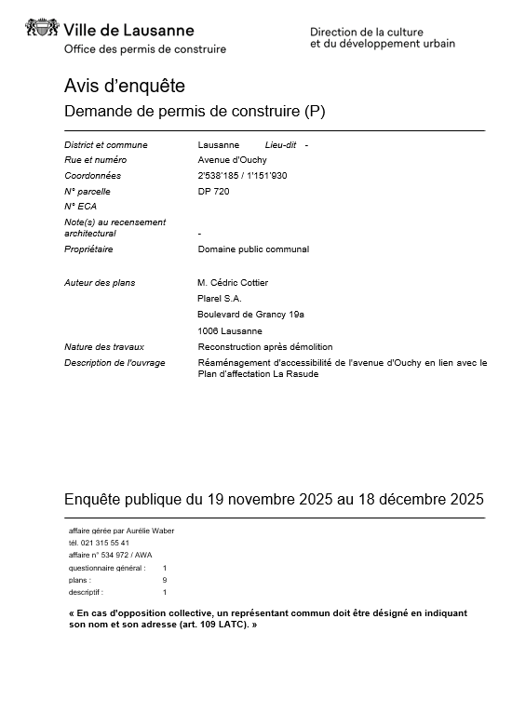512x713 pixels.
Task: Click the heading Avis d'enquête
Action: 125,87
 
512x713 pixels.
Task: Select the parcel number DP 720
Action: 213,192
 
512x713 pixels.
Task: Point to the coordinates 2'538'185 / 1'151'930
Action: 242,176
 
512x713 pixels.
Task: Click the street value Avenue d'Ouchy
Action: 232,160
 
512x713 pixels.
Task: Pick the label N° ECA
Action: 80,207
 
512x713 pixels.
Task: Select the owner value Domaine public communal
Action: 253,249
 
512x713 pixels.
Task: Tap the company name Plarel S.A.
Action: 220,298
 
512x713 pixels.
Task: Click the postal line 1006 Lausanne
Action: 230,330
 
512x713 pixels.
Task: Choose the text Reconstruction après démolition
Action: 264,346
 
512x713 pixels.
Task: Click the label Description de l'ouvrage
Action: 115,363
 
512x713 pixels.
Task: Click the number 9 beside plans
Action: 165,579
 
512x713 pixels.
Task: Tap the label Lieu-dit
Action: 280,145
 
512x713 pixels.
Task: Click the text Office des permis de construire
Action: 144,49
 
